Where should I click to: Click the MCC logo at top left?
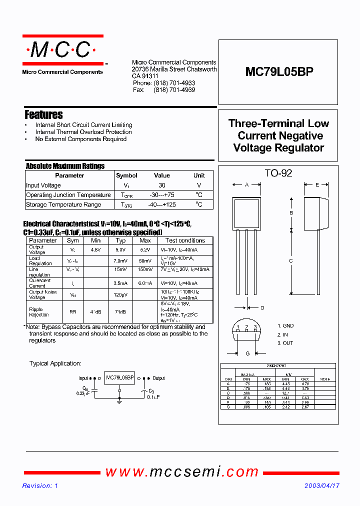(62, 50)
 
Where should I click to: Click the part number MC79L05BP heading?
(279, 72)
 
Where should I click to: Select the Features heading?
(43, 114)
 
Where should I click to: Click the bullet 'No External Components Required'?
(80, 139)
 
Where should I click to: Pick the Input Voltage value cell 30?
(162, 185)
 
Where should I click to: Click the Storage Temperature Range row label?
(63, 204)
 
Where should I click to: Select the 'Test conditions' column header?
(185, 240)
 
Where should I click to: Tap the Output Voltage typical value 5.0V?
(121, 249)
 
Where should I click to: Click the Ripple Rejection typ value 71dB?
(121, 311)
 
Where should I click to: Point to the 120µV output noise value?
(121, 295)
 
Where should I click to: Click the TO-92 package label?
(278, 173)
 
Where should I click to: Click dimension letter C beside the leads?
(291, 260)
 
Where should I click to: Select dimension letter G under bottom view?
(247, 354)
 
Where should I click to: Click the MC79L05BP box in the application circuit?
(119, 378)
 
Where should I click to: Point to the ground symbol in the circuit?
(119, 399)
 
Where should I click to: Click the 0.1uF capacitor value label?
(153, 397)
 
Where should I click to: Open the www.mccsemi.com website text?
(182, 471)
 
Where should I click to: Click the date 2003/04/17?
(321, 486)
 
